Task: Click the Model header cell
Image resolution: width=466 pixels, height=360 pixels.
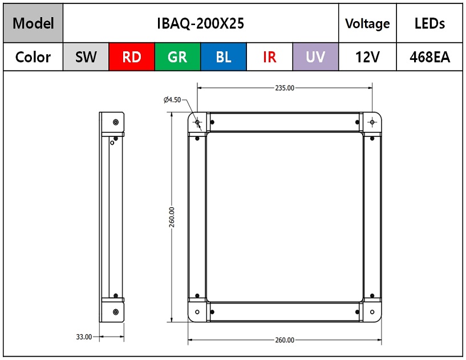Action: (33, 23)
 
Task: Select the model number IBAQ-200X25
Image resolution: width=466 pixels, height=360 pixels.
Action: (201, 23)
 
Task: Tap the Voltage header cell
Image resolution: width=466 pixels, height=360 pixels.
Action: (367, 23)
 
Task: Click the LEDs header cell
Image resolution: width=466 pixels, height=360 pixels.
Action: (429, 23)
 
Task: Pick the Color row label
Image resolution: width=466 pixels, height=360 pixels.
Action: (33, 57)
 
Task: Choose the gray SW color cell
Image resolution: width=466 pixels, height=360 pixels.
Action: (86, 57)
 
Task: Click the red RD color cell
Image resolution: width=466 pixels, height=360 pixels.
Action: (132, 57)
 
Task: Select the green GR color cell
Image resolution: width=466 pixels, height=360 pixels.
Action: (177, 57)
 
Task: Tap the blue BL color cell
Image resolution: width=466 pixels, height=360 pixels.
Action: (224, 57)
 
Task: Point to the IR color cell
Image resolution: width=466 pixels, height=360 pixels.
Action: (270, 57)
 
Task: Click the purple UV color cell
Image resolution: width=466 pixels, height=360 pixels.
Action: (315, 57)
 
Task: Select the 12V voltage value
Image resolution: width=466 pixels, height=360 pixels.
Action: (367, 57)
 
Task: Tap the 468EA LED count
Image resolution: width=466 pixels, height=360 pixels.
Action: (429, 57)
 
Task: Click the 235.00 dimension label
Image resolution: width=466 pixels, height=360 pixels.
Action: (285, 88)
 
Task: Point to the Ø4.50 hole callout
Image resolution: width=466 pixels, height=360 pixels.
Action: (172, 100)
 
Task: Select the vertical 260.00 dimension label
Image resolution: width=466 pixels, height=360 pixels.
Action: (172, 217)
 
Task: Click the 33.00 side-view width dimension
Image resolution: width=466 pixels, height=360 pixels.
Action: (84, 337)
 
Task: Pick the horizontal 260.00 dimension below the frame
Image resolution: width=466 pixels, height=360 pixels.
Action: (285, 340)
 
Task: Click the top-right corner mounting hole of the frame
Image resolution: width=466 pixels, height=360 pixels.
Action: (372, 122)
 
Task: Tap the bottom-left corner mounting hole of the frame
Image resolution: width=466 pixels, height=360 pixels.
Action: (197, 312)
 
